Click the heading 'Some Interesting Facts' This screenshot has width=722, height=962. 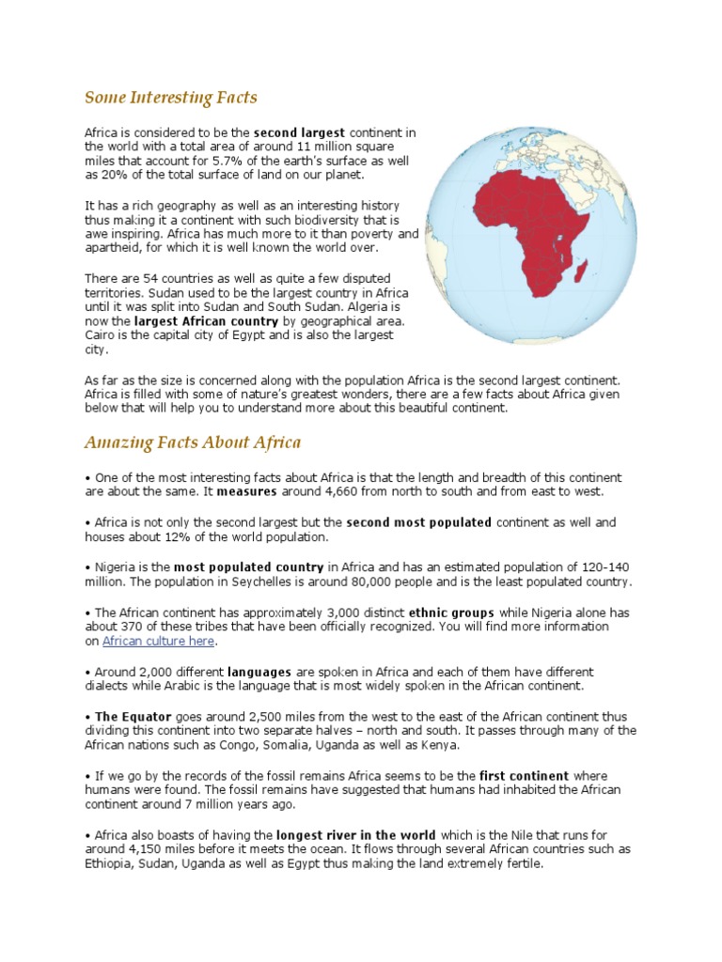(170, 98)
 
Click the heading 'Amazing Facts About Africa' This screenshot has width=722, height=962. (193, 442)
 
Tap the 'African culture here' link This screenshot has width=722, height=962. (158, 641)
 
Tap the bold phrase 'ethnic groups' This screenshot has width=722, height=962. (447, 612)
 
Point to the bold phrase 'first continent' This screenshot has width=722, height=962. (524, 776)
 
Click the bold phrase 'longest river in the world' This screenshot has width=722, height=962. (356, 835)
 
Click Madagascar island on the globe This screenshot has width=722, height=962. (583, 273)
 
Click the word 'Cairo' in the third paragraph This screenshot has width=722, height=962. (101, 335)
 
